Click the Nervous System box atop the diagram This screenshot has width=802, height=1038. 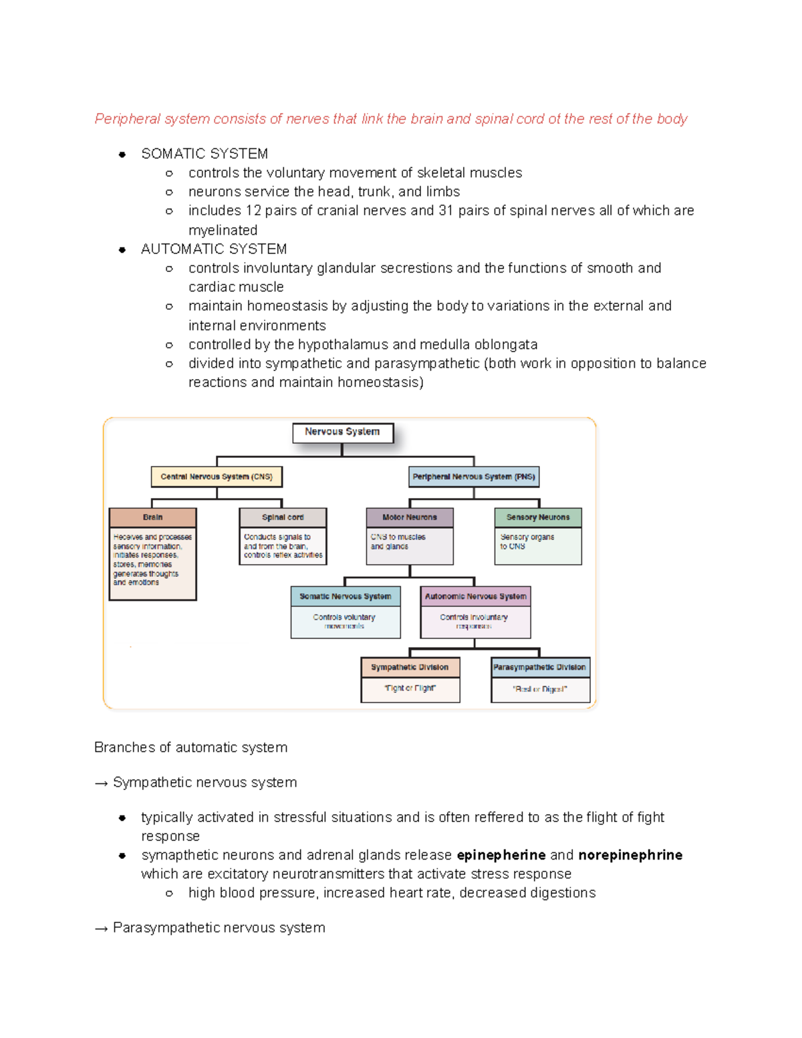coord(342,432)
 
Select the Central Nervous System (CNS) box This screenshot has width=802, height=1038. coord(217,477)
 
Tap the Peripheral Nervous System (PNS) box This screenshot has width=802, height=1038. coord(474,477)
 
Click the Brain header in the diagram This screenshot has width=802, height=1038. coord(152,517)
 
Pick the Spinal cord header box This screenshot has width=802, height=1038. coord(283,517)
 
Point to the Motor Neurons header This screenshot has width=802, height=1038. coord(410,517)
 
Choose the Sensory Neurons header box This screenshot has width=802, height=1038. coord(538,517)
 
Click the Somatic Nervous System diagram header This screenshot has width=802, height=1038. coord(346,596)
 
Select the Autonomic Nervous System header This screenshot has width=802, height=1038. coord(476,596)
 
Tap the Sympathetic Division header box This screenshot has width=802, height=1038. coord(410,667)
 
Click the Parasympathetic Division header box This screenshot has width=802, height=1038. coord(540,667)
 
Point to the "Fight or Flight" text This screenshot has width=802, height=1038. coord(410,688)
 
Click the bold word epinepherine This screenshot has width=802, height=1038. coord(501,856)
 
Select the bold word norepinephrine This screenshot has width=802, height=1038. coord(630,856)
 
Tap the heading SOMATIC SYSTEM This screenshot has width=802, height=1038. coord(205,154)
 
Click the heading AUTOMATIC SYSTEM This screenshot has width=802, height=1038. coord(214,249)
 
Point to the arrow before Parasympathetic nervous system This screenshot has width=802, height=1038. coord(102,928)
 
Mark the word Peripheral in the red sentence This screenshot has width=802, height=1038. coord(128,120)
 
